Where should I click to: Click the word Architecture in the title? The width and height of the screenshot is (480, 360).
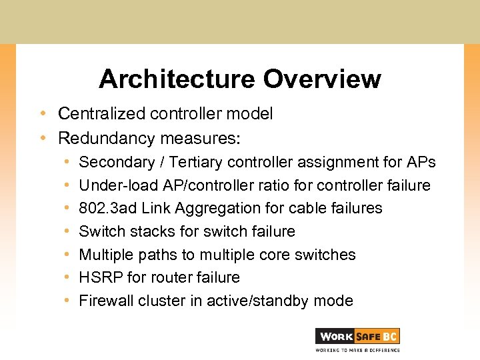click(x=177, y=79)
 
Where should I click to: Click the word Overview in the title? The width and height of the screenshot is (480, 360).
click(x=321, y=79)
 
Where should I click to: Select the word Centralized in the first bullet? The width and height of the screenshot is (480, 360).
click(x=101, y=114)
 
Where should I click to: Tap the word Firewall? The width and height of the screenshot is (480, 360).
click(x=107, y=301)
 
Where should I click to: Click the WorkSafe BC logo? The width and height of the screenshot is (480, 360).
click(x=357, y=337)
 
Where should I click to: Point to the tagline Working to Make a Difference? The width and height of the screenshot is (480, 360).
click(x=357, y=350)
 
